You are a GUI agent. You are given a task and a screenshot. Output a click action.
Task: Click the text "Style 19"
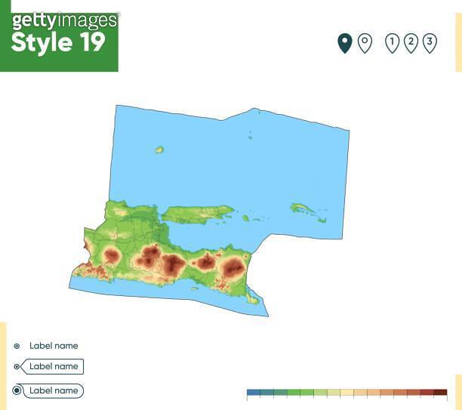coord(58,43)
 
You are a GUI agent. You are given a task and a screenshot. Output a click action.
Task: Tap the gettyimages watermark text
coord(65,20)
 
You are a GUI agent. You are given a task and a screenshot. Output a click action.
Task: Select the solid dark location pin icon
coord(344,43)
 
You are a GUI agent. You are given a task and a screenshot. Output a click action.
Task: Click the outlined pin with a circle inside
coord(365,43)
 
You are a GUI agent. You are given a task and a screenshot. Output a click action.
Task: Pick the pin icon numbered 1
coord(392,43)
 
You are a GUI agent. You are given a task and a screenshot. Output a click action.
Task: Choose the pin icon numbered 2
coord(411,43)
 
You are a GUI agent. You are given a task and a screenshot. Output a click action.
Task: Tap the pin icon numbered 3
coord(429,43)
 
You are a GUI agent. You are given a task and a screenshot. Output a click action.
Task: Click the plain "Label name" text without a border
coord(54,346)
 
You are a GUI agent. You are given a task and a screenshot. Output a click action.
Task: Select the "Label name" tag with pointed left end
coord(54,367)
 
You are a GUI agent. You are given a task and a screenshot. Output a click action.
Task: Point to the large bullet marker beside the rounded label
coord(17,391)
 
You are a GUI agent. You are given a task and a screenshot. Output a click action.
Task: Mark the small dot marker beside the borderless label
coord(17,346)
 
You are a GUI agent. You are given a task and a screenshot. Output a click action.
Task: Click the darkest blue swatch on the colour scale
coord(253,393)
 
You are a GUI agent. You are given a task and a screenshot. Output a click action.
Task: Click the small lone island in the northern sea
coord(159,150)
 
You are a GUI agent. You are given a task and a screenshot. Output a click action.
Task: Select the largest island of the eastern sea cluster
coord(303,208)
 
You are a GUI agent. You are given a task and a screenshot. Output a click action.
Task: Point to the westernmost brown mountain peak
coord(112,255)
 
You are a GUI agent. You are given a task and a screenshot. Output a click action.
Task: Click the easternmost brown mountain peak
coord(233,266)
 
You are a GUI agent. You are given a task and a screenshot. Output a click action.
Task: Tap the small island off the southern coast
coord(254,300)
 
